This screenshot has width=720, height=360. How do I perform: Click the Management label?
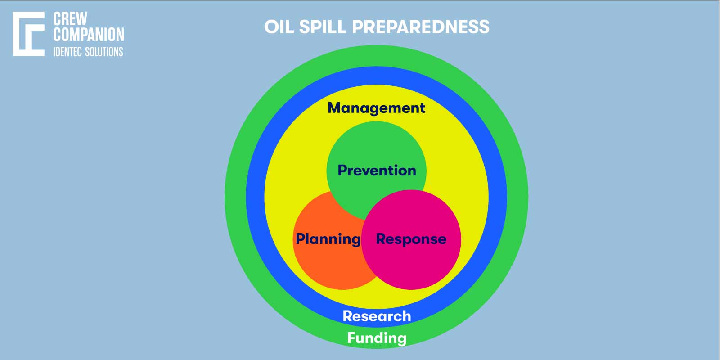click(376, 108)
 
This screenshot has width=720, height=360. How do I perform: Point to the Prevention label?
click(377, 171)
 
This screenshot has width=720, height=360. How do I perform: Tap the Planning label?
click(328, 239)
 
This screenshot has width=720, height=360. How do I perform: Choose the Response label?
click(411, 239)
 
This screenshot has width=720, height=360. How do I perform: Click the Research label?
click(377, 316)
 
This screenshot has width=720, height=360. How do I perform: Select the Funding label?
click(377, 338)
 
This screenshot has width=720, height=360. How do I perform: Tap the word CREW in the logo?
click(70, 19)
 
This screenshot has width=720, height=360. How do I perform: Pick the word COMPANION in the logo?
click(89, 35)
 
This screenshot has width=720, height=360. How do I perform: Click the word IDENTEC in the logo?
click(67, 52)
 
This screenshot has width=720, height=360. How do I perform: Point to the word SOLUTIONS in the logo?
click(104, 52)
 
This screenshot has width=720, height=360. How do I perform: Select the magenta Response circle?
click(418, 265)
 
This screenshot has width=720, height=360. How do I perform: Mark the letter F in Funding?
click(351, 338)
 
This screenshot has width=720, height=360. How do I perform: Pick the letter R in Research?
click(348, 316)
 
